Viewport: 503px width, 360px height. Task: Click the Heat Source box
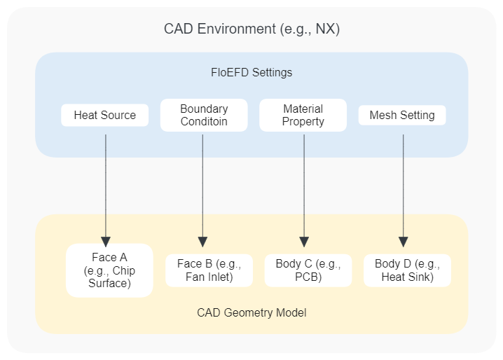point(105,116)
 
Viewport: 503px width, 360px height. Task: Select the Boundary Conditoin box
point(204,116)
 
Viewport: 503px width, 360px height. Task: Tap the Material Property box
point(303,116)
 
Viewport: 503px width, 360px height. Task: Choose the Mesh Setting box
point(402,116)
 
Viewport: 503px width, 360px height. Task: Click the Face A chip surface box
point(109,270)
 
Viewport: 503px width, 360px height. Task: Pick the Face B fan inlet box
point(209,270)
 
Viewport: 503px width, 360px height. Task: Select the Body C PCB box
point(308,270)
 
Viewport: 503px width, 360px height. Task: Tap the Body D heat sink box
point(407,270)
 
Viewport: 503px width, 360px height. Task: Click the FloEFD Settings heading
point(251,73)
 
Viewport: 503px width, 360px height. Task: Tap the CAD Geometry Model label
point(251,312)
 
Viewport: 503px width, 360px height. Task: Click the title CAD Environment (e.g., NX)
point(251,29)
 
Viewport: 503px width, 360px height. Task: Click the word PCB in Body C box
point(308,277)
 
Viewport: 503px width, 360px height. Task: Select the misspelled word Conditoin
point(204,121)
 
